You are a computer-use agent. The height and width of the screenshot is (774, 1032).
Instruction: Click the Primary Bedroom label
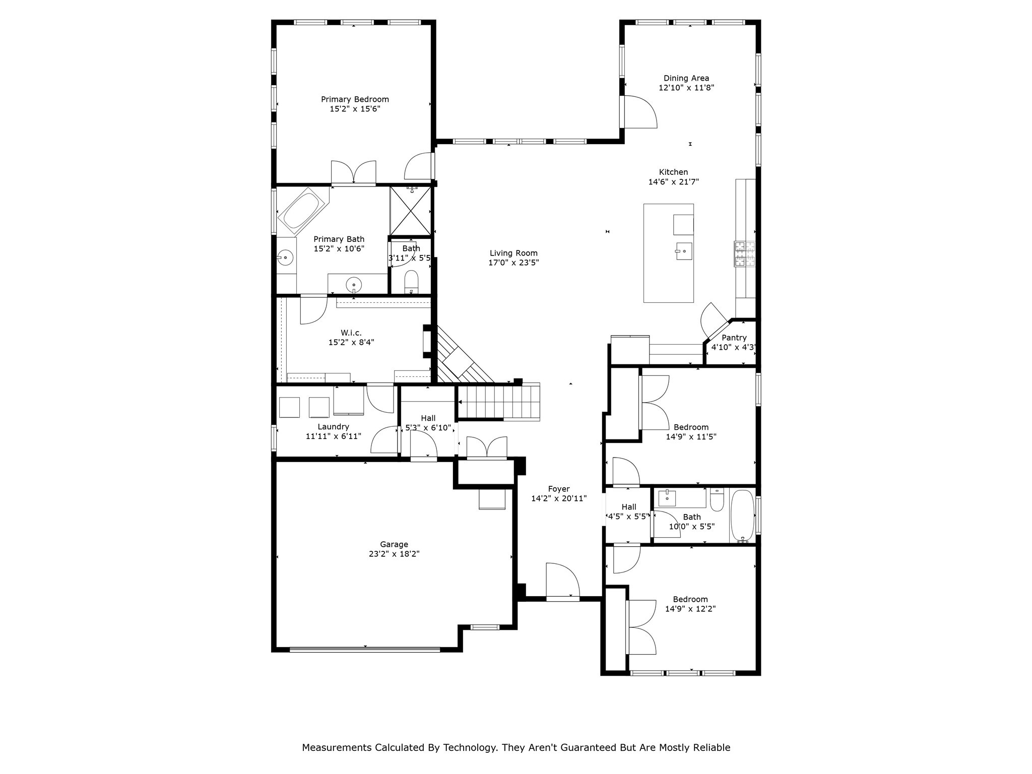[x=355, y=99]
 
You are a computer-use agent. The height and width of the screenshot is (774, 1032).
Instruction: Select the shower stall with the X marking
[x=411, y=211]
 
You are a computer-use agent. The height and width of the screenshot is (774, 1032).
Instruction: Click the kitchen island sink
[x=684, y=250]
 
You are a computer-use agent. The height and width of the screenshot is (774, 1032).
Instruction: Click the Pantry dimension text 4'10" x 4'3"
[x=733, y=347]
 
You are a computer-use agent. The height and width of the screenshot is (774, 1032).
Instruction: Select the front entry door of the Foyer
[x=562, y=583]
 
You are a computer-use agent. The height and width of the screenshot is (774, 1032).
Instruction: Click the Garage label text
[x=394, y=544]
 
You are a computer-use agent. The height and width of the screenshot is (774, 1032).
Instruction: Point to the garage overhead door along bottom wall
[x=365, y=650]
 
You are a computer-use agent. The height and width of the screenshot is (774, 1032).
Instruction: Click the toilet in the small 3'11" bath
[x=411, y=282]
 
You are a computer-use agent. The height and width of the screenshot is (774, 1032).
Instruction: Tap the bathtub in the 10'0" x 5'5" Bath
[x=742, y=515]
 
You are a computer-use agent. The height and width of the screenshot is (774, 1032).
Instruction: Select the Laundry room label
[x=333, y=427]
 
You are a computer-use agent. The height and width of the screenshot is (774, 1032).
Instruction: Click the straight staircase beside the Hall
[x=499, y=402]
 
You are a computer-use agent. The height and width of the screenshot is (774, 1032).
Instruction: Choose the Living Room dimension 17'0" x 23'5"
[x=513, y=263]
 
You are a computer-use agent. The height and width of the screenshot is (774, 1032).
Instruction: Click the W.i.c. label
[x=351, y=333]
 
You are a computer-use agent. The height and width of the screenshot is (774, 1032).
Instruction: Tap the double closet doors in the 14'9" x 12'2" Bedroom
[x=641, y=627]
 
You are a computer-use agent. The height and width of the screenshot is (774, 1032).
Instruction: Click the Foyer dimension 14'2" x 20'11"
[x=559, y=498]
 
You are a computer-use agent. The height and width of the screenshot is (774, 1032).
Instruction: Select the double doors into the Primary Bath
[x=353, y=173]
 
